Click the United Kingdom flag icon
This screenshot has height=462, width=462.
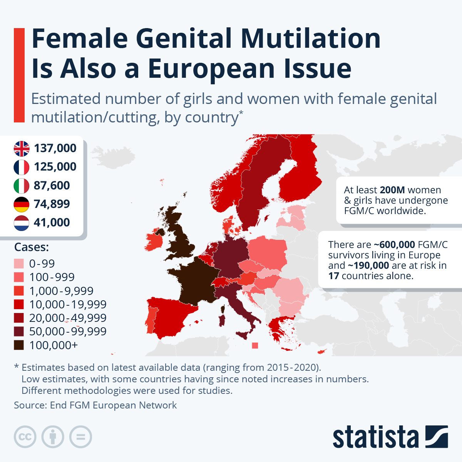[22, 148]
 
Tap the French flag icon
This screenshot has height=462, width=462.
[22, 167]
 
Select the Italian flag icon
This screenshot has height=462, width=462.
[22, 186]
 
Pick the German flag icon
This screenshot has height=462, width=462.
[22, 204]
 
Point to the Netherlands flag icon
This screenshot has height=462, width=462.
[22, 223]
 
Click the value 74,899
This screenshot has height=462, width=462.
[52, 204]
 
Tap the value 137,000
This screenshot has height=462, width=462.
[55, 148]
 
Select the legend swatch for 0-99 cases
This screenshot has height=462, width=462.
[19, 264]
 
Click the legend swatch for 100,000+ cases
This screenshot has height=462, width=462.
[19, 345]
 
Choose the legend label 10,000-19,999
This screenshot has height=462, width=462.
[68, 305]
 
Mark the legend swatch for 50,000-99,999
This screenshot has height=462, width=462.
[19, 331]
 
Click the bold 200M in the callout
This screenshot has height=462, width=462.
[392, 190]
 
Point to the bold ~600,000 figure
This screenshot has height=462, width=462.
[394, 245]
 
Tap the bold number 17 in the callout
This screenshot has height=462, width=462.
[333, 276]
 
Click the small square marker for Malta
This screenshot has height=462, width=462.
[255, 346]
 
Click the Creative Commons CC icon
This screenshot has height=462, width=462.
[25, 437]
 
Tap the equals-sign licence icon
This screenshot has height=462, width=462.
[80, 437]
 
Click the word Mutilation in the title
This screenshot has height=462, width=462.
[311, 38]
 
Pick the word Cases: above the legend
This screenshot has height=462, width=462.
[32, 247]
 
